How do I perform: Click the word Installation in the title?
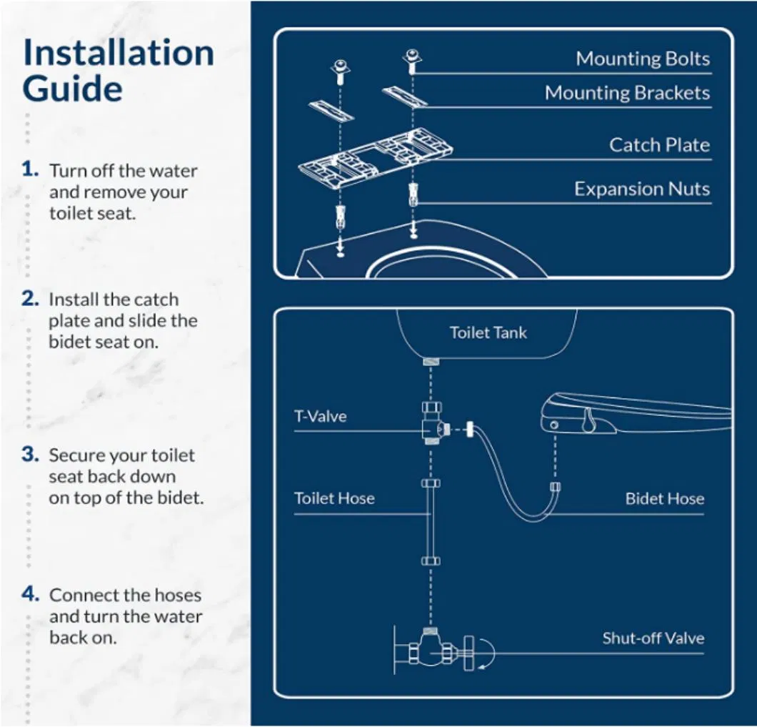pos(118,54)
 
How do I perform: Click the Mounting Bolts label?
pos(643,59)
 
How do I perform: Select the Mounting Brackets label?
pos(627,93)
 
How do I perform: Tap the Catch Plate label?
pos(659,145)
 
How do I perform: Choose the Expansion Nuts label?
pos(642,189)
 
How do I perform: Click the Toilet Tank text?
pos(488,332)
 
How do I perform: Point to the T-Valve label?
pos(320,416)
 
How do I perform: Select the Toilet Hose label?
pos(334,498)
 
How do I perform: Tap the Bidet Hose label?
pos(664,498)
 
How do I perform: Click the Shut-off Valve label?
pos(653,638)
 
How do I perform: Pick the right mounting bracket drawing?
pos(404,96)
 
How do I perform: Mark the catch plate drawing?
pos(375,157)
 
